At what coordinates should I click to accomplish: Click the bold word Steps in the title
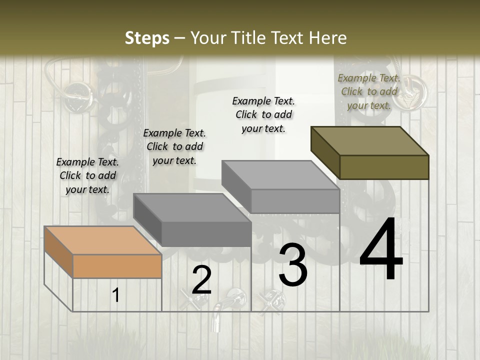tap(146, 38)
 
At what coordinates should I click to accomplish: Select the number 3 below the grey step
tap(293, 265)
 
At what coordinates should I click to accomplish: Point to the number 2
tap(201, 280)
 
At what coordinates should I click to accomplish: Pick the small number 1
tap(116, 295)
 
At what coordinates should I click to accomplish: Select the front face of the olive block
tap(384, 167)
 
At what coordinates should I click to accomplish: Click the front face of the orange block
tap(117, 266)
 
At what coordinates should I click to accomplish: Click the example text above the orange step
tap(87, 175)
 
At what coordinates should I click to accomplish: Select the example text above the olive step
tap(369, 91)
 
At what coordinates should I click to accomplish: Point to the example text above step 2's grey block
tap(174, 146)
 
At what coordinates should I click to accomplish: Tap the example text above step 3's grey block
tap(263, 114)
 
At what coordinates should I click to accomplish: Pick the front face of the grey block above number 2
tap(206, 234)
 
